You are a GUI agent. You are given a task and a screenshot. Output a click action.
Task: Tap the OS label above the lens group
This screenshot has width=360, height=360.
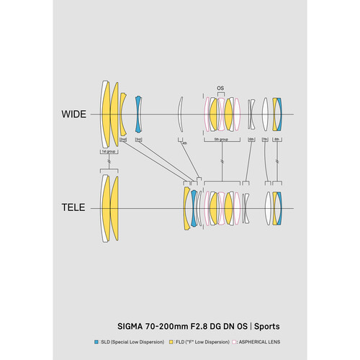221,89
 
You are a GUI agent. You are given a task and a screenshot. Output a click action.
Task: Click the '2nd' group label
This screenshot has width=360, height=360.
123,140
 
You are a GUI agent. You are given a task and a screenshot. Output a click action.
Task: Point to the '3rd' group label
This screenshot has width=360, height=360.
139,140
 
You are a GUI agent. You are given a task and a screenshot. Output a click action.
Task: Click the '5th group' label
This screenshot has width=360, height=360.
220,140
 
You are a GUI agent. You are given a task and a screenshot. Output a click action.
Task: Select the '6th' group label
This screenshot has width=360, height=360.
251,140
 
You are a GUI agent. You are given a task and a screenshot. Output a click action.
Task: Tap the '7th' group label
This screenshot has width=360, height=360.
265,140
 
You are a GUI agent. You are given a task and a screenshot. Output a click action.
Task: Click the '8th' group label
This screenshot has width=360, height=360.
277,140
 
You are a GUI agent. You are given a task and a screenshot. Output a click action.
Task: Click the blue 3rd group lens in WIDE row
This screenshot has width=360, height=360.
139,114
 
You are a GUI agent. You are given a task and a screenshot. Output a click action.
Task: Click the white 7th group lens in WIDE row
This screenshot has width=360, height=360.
266,114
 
